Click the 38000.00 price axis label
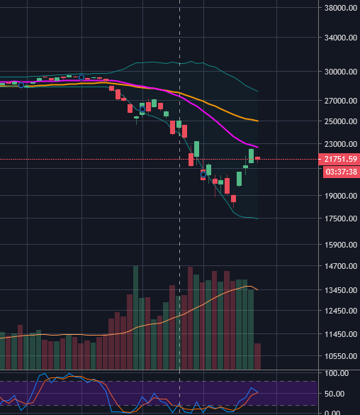[341, 8]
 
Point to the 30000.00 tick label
[341, 72]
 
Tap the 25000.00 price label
[341, 121]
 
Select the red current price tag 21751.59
[339, 159]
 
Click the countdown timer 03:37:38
[342, 172]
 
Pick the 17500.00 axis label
[341, 218]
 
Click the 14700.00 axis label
[341, 266]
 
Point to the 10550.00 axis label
[341, 356]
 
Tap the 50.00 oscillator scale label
[334, 394]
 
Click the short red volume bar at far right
[257, 356]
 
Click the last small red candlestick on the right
[257, 158]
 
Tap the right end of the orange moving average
[258, 121]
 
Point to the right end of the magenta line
[258, 147]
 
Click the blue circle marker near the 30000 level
[81, 77]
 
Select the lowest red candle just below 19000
[233, 199]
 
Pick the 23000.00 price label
[341, 144]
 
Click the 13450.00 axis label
[341, 290]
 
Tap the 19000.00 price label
[341, 196]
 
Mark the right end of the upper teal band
[258, 92]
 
